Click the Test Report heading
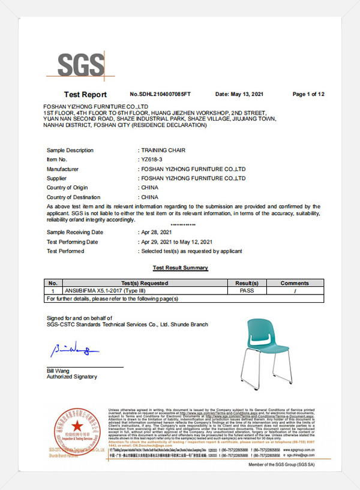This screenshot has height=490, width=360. (x=85, y=95)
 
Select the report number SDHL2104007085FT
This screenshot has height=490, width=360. (x=160, y=94)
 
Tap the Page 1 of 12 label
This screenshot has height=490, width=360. (x=308, y=94)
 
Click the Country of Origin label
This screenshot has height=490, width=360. (x=67, y=188)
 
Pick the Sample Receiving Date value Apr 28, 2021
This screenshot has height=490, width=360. (x=157, y=232)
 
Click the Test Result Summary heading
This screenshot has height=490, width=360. (x=180, y=267)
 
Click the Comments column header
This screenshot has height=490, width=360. (x=294, y=283)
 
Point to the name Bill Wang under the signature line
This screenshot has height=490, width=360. (x=58, y=371)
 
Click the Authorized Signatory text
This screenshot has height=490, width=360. (x=71, y=377)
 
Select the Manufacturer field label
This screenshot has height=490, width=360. (x=62, y=169)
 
